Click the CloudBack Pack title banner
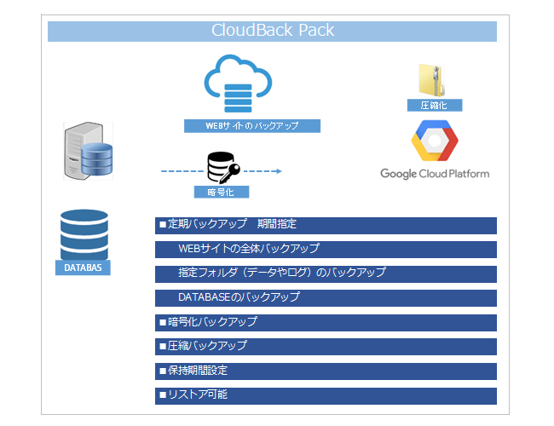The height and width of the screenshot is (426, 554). (272, 32)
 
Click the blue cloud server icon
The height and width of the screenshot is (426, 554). (238, 83)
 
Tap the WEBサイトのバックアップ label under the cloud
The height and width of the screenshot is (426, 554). (252, 126)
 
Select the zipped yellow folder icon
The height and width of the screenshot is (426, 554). (429, 79)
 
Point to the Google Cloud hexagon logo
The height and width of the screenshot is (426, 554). (435, 141)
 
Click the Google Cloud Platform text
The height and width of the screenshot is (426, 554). (435, 174)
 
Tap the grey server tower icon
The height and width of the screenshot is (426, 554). (88, 151)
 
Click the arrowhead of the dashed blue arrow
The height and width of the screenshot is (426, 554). (277, 171)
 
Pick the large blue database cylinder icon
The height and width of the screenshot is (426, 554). (84, 233)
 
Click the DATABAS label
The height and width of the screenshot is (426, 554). (84, 268)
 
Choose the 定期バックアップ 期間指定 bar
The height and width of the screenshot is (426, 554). (326, 225)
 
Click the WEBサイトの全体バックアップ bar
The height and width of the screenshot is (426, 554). (326, 249)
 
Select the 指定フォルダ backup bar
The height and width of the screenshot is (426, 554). (326, 273)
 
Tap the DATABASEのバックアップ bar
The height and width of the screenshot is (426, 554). (326, 298)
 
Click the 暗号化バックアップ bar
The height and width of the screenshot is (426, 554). (326, 322)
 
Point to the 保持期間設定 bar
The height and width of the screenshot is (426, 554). (326, 371)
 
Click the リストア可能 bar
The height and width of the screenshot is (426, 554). (326, 395)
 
